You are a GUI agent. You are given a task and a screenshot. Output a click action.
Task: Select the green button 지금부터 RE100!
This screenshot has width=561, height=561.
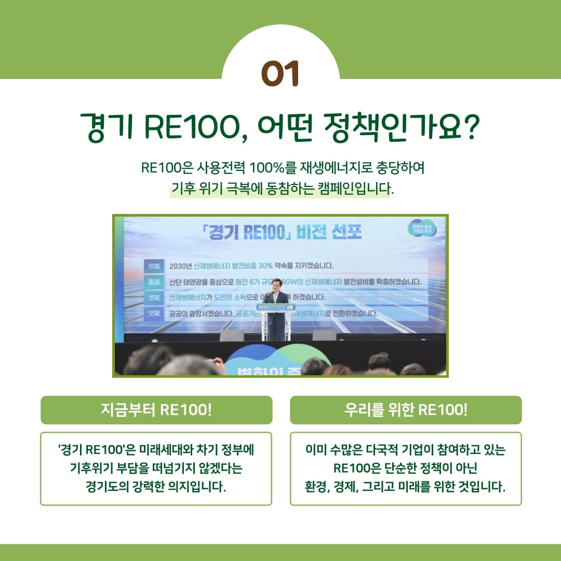click(x=156, y=410)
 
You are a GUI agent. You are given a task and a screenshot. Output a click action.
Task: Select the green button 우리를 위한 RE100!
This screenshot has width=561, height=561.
click(x=406, y=410)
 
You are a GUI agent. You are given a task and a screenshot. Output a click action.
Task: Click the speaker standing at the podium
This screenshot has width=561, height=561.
click(x=276, y=312)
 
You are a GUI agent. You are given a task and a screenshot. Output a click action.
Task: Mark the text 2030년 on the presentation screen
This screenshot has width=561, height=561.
click(x=181, y=266)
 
